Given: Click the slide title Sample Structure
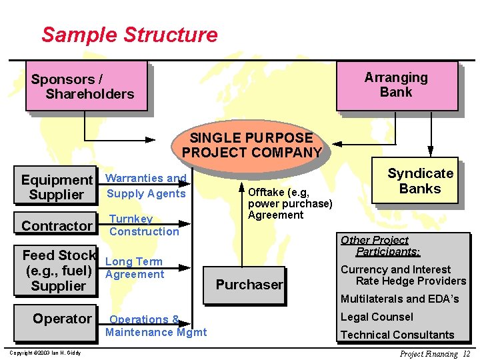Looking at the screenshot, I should pyautogui.click(x=129, y=35).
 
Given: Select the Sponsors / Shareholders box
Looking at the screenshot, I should pyautogui.click(x=86, y=86).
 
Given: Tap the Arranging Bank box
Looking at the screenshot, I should pyautogui.click(x=397, y=85).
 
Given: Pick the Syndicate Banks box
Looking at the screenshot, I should pyautogui.click(x=420, y=181).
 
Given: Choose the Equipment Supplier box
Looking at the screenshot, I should pyautogui.click(x=57, y=187).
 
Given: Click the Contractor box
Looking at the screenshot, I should pyautogui.click(x=57, y=226).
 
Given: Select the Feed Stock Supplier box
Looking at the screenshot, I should pyautogui.click(x=58, y=270).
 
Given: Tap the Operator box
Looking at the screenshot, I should pyautogui.click(x=61, y=319).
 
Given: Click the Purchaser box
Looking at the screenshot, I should pyautogui.click(x=249, y=285).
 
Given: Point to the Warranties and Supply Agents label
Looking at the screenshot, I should pyautogui.click(x=146, y=186).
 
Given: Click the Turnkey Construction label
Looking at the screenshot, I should pyautogui.click(x=144, y=225).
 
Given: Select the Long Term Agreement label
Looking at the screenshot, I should pyautogui.click(x=135, y=268).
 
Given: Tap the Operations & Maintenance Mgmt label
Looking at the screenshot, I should pyautogui.click(x=156, y=325).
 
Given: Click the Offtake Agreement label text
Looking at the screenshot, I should pyautogui.click(x=289, y=203).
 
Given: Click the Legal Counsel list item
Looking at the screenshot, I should pyautogui.click(x=377, y=317).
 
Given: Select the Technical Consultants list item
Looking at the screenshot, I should pyautogui.click(x=397, y=335).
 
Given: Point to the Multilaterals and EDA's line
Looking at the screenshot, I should pyautogui.click(x=400, y=299).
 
